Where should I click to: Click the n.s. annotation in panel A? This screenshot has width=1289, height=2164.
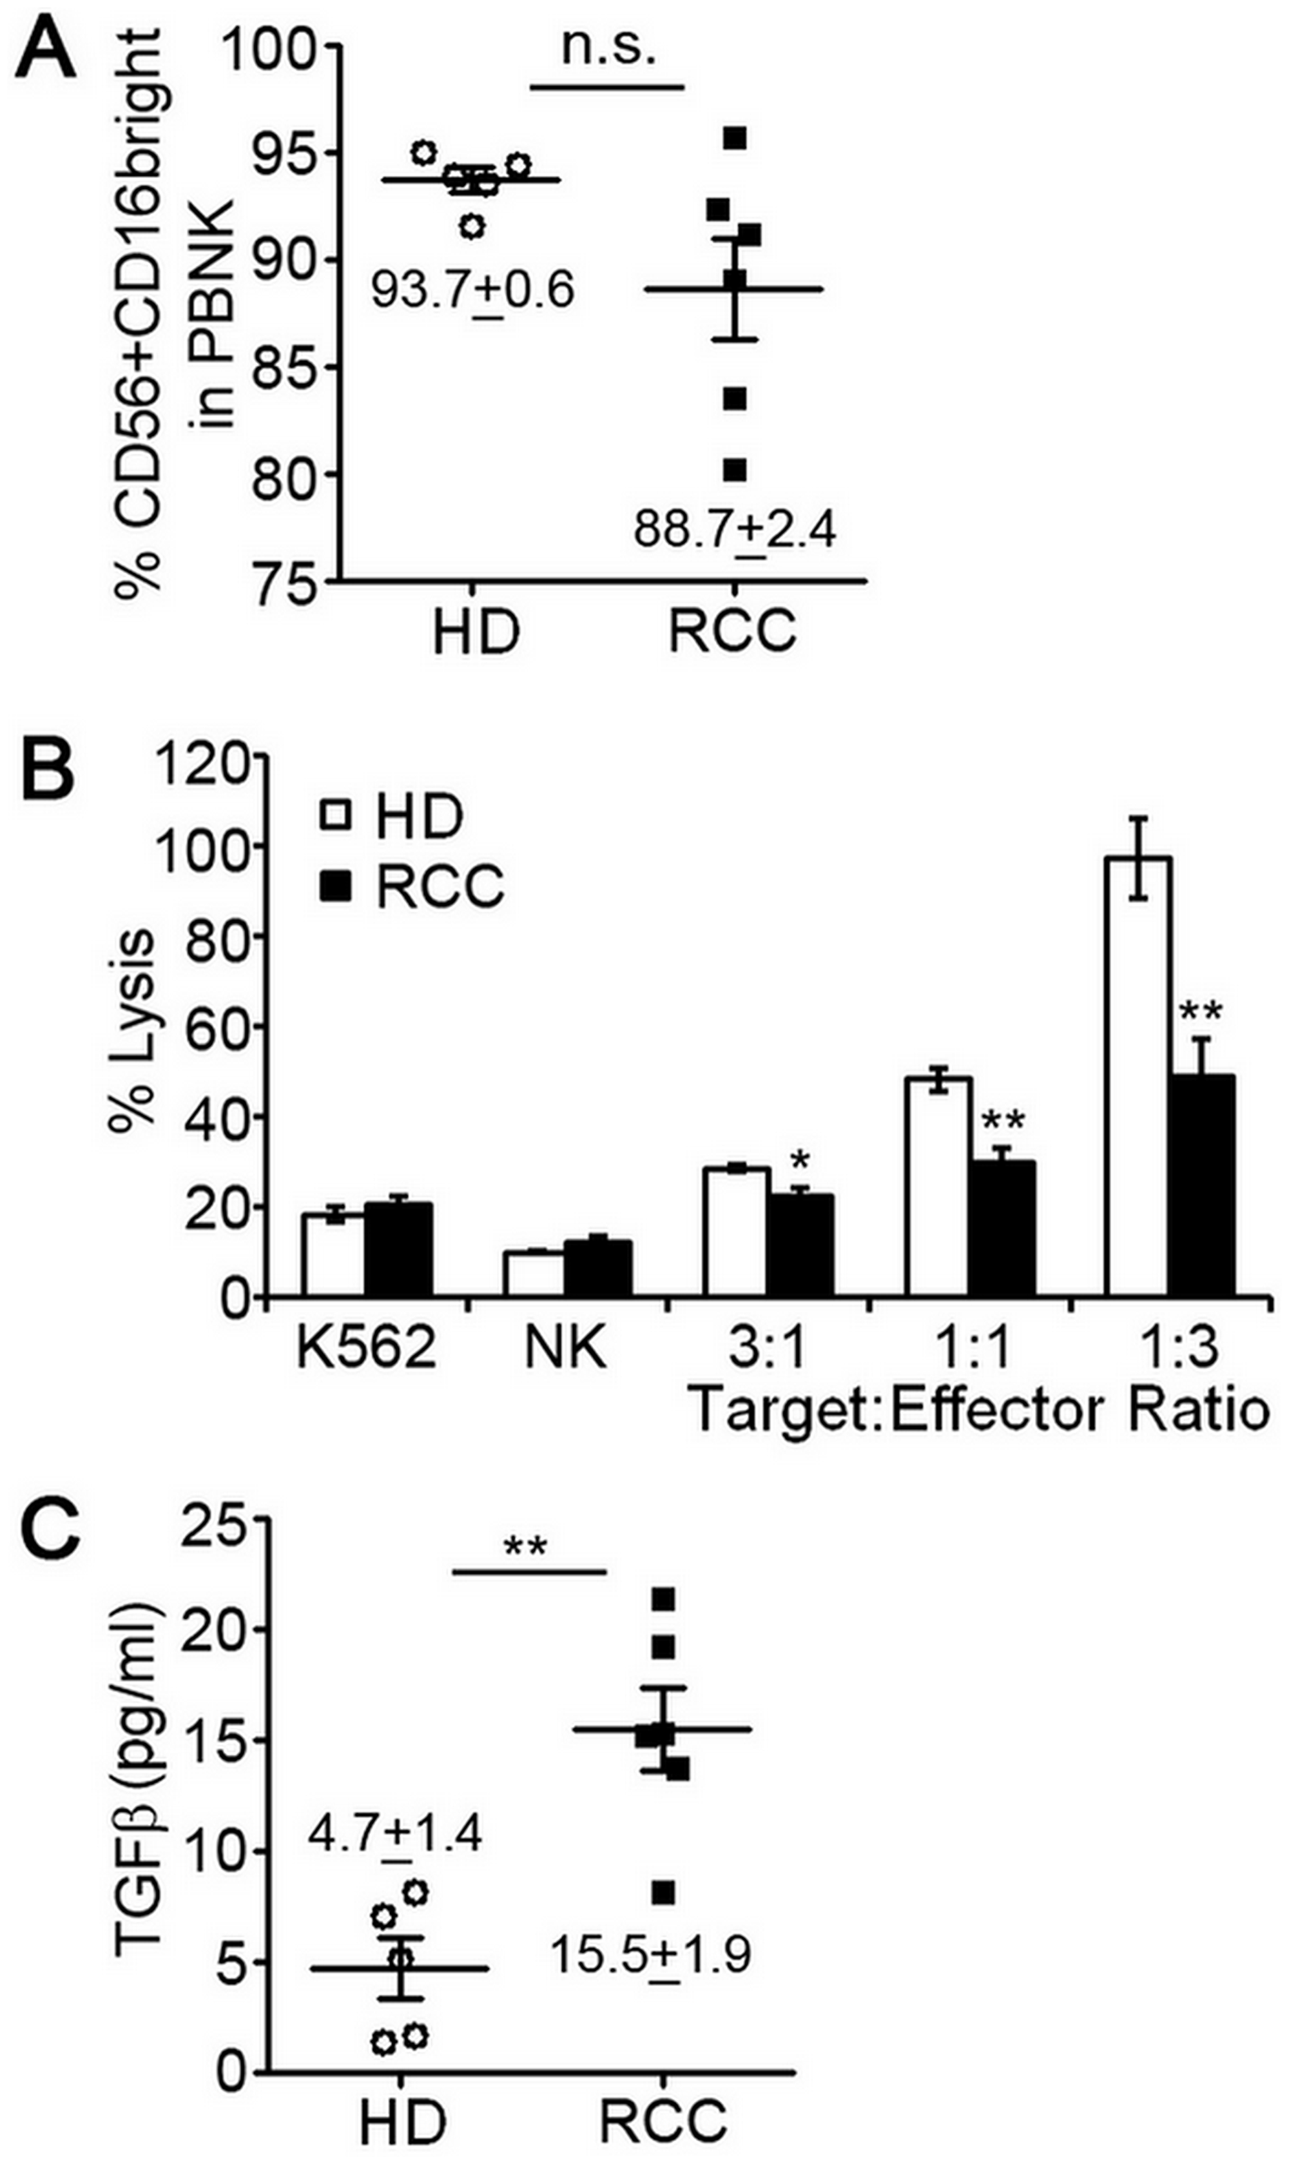point(607,47)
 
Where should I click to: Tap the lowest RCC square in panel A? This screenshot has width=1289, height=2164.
point(735,470)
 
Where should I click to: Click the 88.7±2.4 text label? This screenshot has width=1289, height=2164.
point(735,529)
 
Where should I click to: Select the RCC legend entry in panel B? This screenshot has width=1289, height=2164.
point(412,887)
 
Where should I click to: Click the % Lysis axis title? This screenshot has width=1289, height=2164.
point(132,1029)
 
